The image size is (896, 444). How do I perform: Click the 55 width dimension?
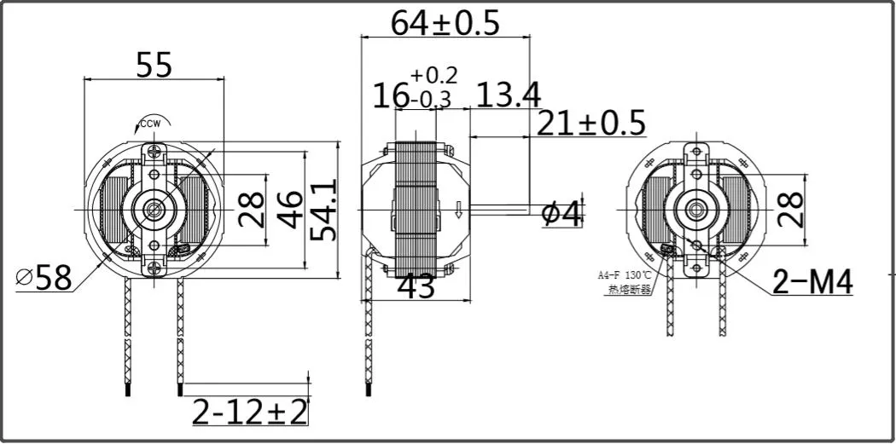[154, 64]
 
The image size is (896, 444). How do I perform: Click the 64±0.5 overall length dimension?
[445, 23]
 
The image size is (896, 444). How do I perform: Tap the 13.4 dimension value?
[508, 95]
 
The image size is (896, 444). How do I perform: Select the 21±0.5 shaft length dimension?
[591, 124]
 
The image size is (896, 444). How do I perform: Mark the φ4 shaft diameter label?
[562, 214]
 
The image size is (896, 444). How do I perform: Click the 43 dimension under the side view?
[416, 287]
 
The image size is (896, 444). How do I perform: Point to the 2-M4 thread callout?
[812, 282]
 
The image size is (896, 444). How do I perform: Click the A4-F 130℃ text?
[624, 275]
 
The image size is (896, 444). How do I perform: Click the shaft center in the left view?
[154, 208]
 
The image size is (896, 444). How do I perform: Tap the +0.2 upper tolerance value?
[433, 74]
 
